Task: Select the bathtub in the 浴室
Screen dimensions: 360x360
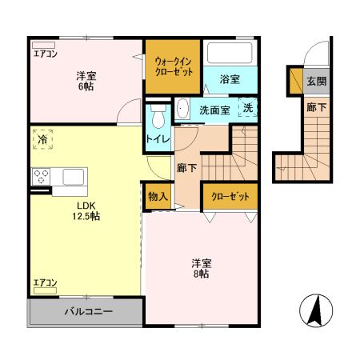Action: click(230, 53)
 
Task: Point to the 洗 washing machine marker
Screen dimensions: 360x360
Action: click(247, 108)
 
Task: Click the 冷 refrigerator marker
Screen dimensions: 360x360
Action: click(40, 140)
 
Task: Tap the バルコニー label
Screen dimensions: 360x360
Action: click(87, 312)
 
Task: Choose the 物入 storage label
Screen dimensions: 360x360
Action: click(158, 196)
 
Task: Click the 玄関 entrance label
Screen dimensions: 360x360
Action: click(315, 82)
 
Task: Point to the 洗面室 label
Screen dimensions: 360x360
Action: click(214, 110)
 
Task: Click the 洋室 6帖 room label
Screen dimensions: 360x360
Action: click(87, 82)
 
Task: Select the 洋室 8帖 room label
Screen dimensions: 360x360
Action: click(200, 268)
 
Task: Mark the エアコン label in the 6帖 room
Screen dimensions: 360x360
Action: click(45, 54)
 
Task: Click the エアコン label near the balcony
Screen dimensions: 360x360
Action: click(45, 283)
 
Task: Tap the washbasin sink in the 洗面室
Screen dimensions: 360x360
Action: click(182, 109)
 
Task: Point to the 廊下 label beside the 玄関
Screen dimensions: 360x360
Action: click(315, 106)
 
